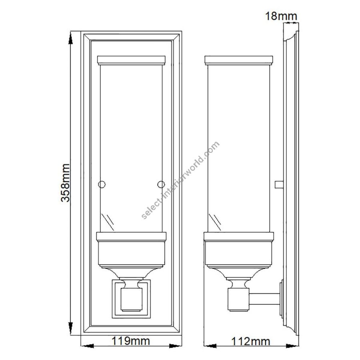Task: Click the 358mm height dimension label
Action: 65,183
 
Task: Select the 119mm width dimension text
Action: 131,341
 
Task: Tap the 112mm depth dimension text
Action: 250,342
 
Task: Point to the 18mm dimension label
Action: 281,16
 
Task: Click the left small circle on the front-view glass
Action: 102,184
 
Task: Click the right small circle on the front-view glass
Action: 161,184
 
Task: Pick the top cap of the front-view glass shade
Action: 131,60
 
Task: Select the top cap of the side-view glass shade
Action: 238,60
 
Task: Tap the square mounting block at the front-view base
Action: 131,299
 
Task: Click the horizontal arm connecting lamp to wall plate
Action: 264,299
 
